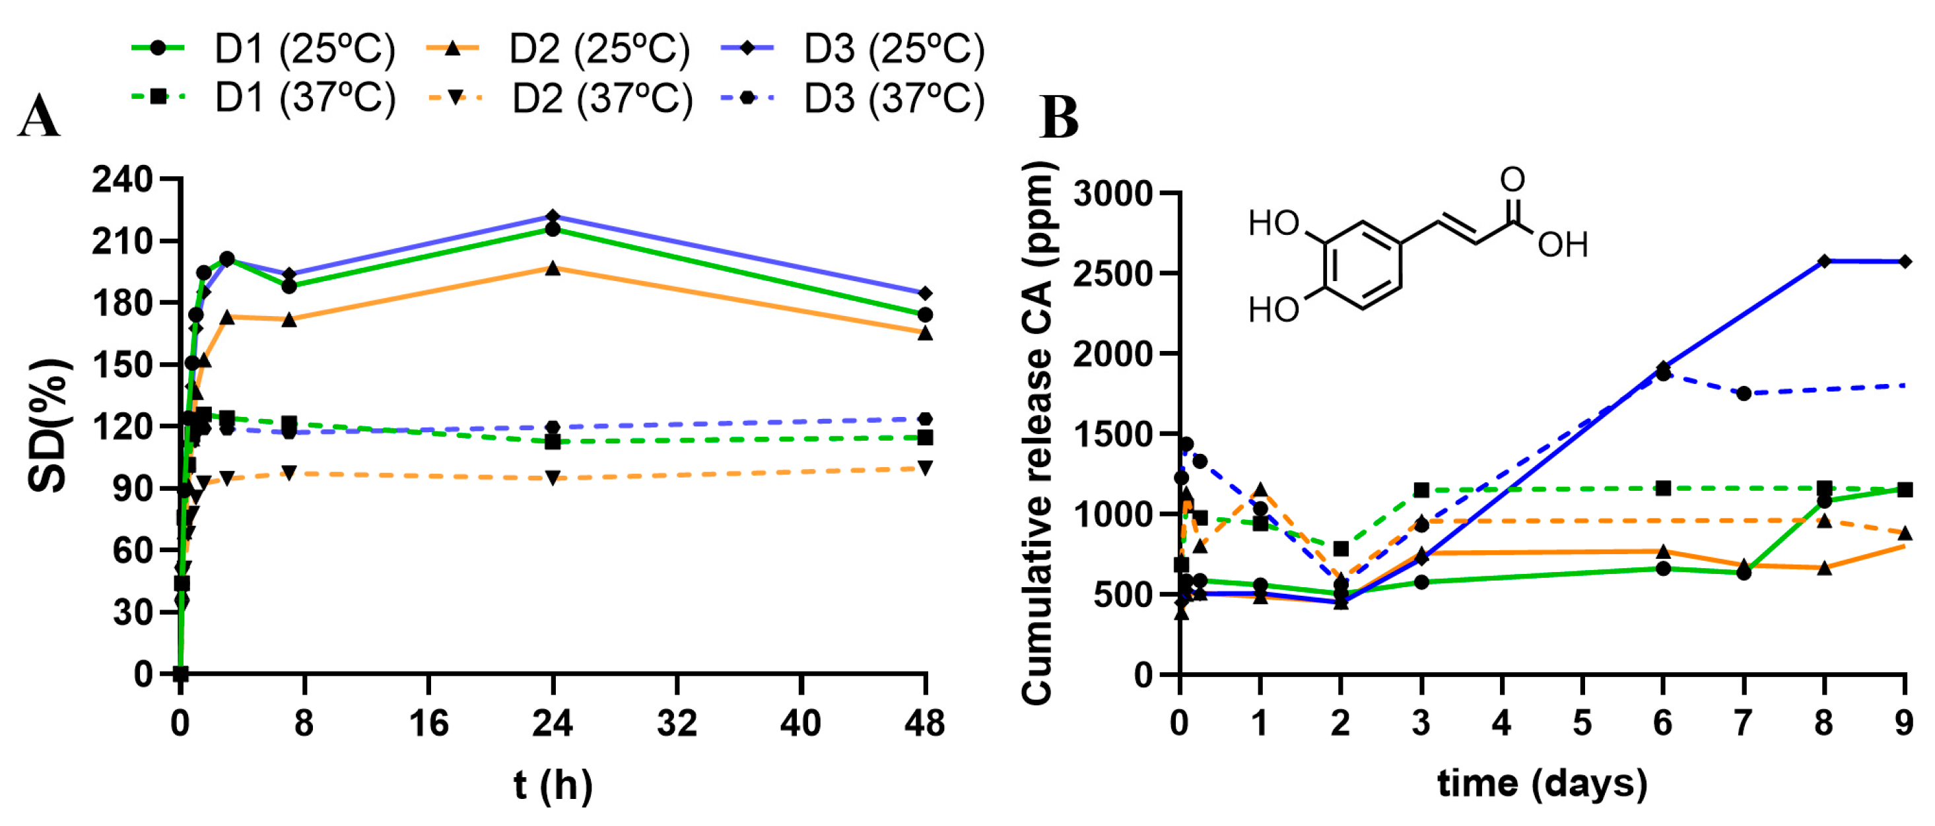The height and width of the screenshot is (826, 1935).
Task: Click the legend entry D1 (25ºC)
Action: (263, 49)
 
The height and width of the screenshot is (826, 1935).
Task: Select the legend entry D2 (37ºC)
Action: (560, 99)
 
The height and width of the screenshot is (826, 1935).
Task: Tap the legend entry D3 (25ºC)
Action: (852, 49)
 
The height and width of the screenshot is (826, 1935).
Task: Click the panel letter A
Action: (38, 118)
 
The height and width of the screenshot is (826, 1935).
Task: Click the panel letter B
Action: (1059, 118)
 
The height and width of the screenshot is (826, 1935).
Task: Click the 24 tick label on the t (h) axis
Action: (553, 723)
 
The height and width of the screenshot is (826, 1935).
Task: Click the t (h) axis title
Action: (553, 786)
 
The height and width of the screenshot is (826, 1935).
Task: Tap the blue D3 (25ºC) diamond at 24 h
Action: (553, 216)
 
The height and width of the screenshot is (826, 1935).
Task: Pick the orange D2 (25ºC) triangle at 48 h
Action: (926, 333)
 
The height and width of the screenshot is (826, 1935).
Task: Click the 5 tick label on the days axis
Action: (1582, 723)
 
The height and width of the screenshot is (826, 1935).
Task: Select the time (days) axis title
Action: (1542, 784)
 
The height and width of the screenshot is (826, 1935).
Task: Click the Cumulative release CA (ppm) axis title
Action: (1038, 433)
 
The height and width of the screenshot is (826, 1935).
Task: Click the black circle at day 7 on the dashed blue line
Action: (1744, 393)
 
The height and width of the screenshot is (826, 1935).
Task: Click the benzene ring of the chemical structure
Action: (1363, 265)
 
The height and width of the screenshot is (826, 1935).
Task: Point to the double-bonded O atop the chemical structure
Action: (1512, 180)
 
